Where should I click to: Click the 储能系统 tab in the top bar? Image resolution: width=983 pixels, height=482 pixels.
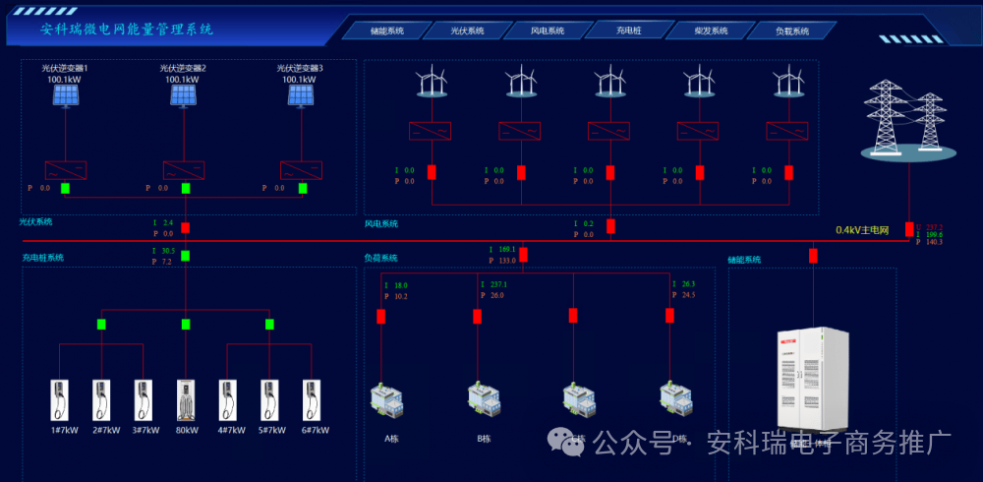point(387,30)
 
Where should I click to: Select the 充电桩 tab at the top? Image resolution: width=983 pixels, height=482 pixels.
point(628,30)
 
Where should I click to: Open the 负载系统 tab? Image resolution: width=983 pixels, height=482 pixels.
point(791,30)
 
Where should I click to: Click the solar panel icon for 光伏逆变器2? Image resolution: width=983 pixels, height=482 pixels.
point(184,94)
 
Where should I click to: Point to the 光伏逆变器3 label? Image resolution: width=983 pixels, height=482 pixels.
point(303,68)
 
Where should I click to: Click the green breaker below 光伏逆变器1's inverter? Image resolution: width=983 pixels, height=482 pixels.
point(66,188)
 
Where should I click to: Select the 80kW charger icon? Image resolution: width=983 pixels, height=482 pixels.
point(186,400)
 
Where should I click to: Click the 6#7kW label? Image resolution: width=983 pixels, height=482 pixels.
point(314,430)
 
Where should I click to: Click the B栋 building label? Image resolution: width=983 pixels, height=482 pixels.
point(484,439)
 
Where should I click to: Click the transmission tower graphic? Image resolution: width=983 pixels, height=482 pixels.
point(900,120)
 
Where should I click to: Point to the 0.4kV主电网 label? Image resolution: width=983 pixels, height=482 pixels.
point(862,230)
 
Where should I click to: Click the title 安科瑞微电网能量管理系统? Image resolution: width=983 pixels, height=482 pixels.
point(127,30)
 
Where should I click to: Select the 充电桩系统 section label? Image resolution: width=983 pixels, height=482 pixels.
point(43,258)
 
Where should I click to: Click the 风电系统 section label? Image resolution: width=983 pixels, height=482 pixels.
point(381,224)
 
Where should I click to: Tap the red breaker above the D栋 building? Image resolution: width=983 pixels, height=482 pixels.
point(669,316)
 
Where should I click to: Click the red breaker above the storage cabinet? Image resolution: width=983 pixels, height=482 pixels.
point(813,256)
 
